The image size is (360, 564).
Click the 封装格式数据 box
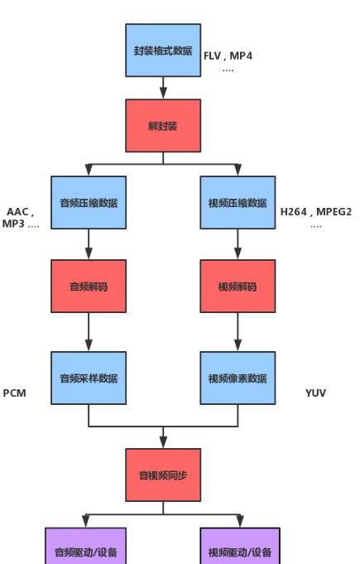point(163,51)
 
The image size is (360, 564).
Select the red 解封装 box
point(163,126)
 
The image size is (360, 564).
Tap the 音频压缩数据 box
point(89,203)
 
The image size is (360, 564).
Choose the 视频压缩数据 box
point(238,203)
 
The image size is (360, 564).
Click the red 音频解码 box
point(89,287)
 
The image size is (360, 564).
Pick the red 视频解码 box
point(238,287)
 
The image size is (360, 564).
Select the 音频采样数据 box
point(89,378)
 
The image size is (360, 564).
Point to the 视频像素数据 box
point(238,378)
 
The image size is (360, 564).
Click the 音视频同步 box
point(163,475)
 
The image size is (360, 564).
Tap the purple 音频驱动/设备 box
point(85,546)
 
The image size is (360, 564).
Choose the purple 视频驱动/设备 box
point(240,546)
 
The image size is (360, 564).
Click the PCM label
point(14,393)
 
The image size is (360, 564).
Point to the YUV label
point(316,393)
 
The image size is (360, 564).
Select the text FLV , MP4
point(228,55)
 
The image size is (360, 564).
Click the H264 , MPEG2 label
point(316,211)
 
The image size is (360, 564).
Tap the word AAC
point(17,211)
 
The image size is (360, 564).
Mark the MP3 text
point(13,224)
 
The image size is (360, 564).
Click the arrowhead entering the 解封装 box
point(163,93)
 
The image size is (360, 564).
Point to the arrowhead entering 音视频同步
point(163,442)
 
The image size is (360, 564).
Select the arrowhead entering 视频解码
point(238,253)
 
